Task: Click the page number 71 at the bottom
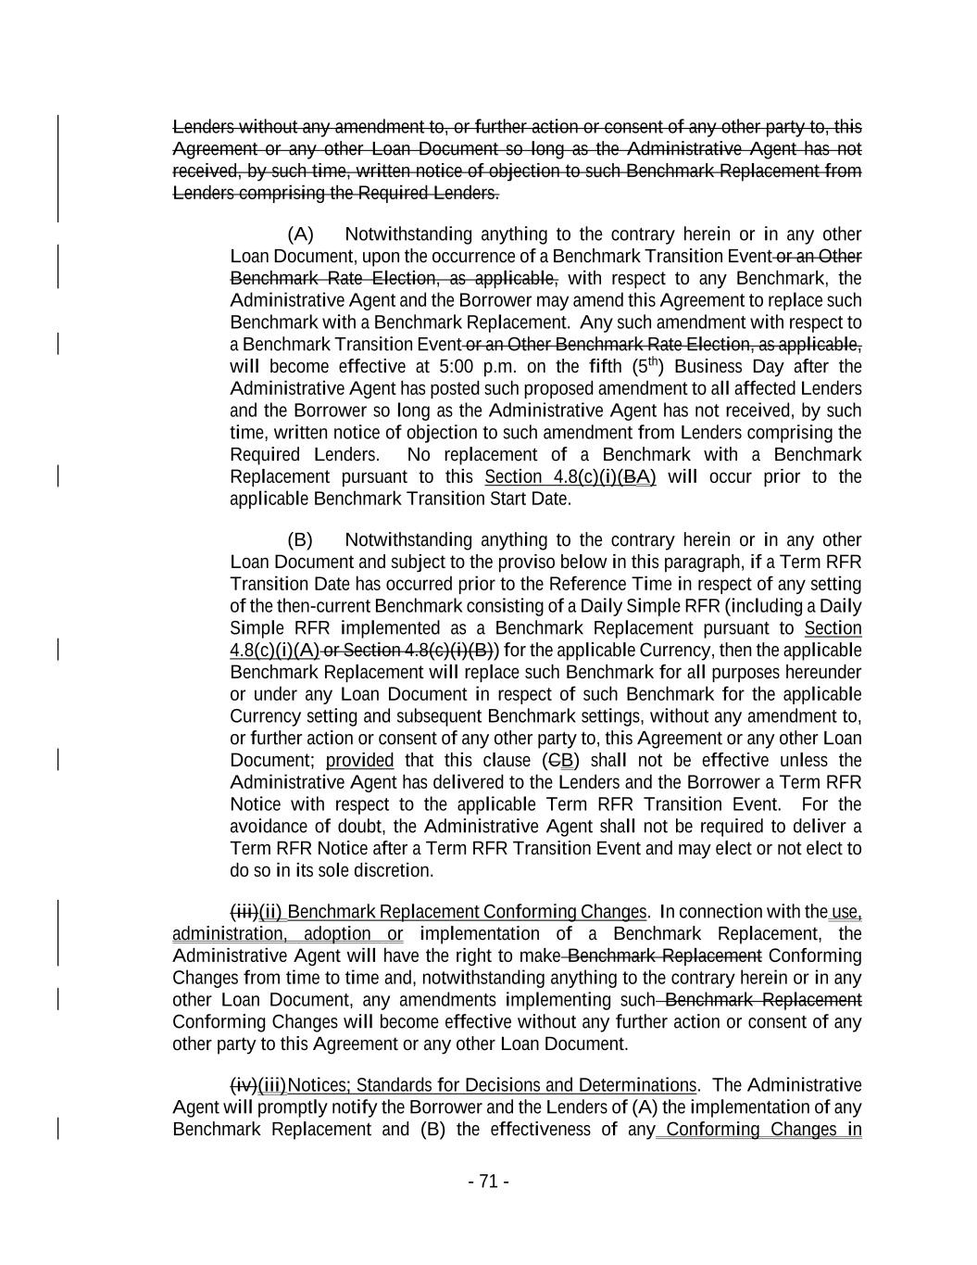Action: pyautogui.click(x=489, y=1181)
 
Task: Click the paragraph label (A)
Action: pyautogui.click(x=301, y=234)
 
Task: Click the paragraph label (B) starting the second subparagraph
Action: pyautogui.click(x=300, y=539)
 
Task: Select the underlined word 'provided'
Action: pyautogui.click(x=359, y=760)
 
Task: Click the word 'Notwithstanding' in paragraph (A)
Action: pyautogui.click(x=407, y=234)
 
